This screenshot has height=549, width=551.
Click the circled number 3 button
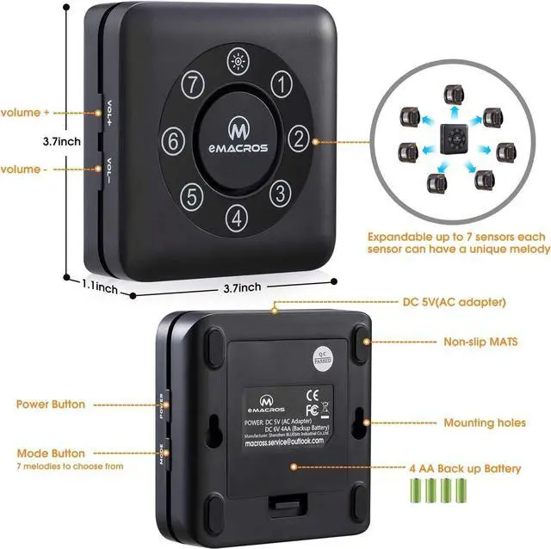click(x=280, y=189)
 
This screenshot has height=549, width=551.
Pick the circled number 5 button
click(x=194, y=194)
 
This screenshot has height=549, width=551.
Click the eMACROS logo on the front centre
click(x=237, y=138)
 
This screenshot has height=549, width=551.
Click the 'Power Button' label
click(x=50, y=404)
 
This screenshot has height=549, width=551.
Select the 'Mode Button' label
click(x=50, y=453)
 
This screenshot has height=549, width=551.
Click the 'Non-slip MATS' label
click(x=480, y=342)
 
